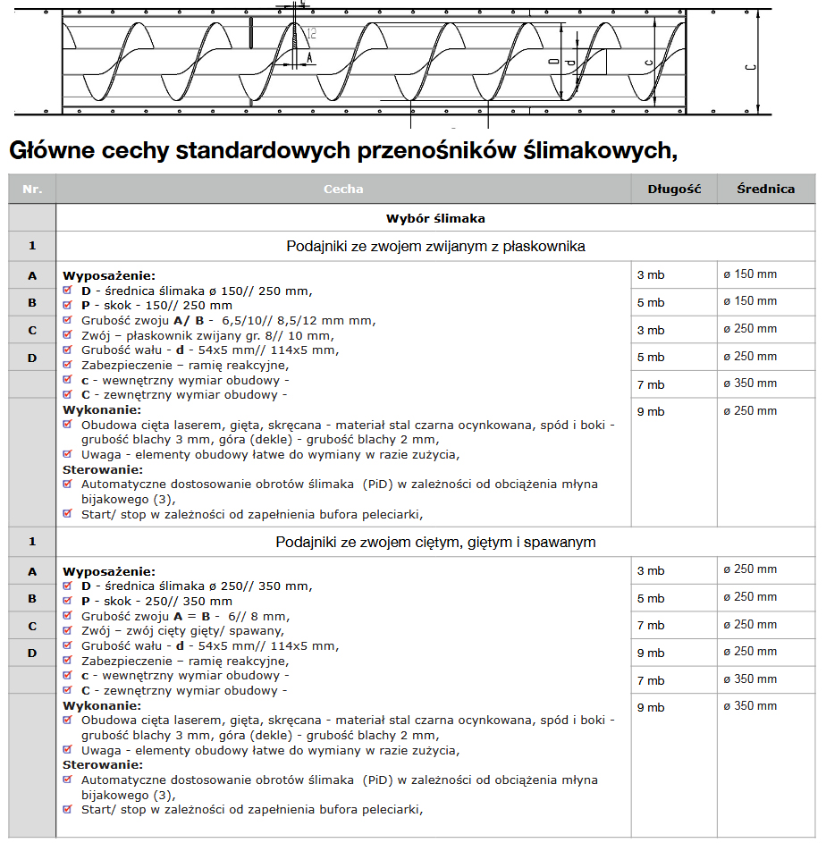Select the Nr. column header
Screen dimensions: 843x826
coord(32,190)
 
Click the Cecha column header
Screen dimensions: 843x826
coord(343,190)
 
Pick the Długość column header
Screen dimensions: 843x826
coord(675,190)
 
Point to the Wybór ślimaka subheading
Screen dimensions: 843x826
coord(435,218)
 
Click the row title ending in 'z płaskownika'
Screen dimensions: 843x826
coord(435,246)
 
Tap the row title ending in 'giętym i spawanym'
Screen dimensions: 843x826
coord(435,543)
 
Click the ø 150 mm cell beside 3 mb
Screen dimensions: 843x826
coord(750,274)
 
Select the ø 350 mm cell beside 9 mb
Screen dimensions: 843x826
coord(750,706)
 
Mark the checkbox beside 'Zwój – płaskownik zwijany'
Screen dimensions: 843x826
coord(68,336)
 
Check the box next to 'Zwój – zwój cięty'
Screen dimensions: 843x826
coord(68,631)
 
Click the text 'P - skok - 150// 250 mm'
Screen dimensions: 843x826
coord(156,306)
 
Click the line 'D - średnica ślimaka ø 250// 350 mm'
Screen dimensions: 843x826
coord(196,586)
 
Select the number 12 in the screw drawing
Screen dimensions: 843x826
coord(310,34)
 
